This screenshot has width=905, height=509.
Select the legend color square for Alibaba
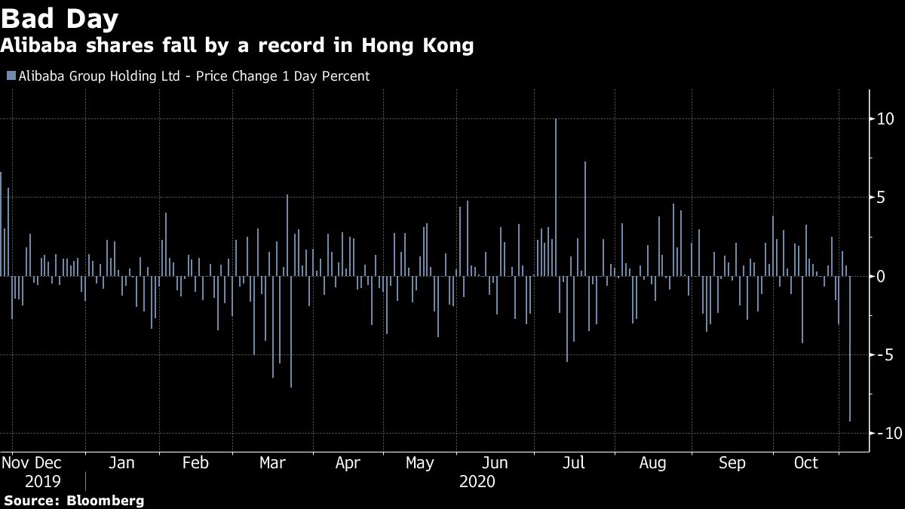click(x=10, y=76)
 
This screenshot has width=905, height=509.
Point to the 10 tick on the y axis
click(x=885, y=119)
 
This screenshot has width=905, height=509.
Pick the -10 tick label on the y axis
click(x=884, y=433)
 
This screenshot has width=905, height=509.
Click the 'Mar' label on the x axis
click(x=272, y=463)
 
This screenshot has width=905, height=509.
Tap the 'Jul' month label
click(x=575, y=463)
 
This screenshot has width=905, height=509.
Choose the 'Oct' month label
click(x=806, y=463)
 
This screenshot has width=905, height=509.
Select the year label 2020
click(x=477, y=481)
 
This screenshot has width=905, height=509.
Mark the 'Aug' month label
click(x=652, y=463)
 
